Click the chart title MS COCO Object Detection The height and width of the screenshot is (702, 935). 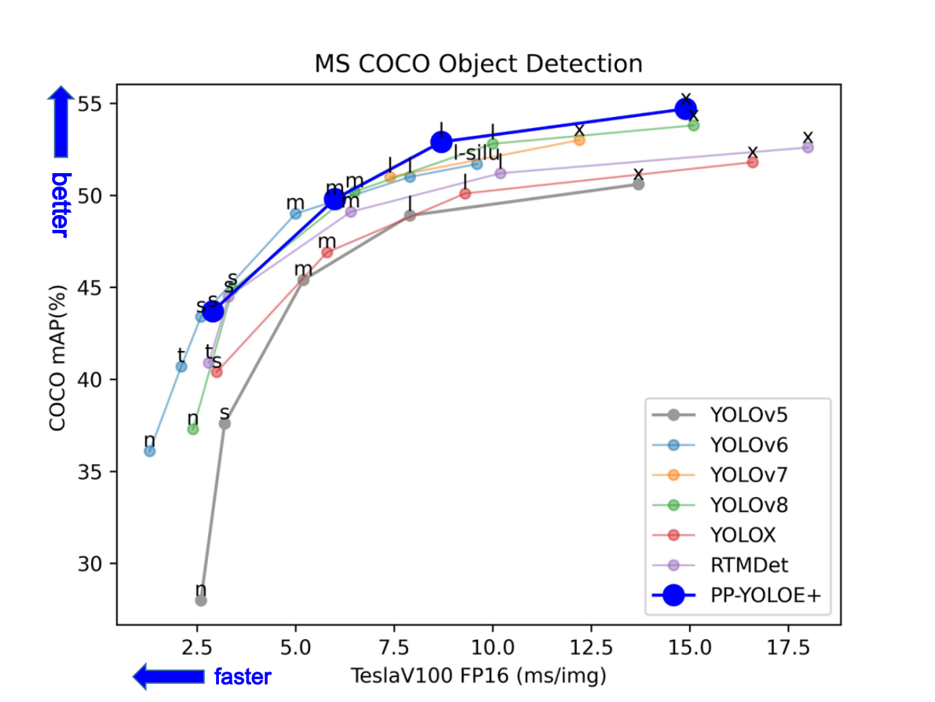(x=478, y=64)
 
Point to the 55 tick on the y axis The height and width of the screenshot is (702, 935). (x=89, y=104)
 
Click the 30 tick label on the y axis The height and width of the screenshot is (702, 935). (x=89, y=563)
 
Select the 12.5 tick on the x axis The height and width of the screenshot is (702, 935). (x=590, y=647)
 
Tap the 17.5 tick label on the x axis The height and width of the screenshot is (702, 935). (x=788, y=647)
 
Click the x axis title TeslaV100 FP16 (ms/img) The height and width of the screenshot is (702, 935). (x=478, y=675)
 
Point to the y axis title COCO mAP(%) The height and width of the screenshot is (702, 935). (x=57, y=358)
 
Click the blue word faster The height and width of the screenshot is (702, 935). (x=243, y=676)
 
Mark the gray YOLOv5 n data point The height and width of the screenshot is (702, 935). (x=201, y=601)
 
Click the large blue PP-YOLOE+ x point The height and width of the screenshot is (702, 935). (x=686, y=108)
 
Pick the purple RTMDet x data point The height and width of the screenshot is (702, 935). (x=808, y=147)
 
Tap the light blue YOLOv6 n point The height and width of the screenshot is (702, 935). (x=150, y=451)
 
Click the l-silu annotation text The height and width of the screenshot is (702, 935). (x=476, y=153)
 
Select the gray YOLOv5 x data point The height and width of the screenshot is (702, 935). (x=638, y=184)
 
